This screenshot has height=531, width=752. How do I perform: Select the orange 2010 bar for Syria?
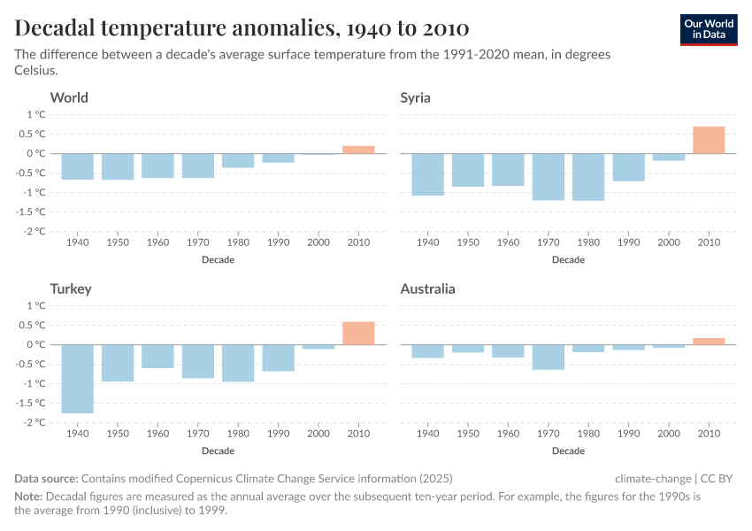709,140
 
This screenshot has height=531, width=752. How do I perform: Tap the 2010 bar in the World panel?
358,150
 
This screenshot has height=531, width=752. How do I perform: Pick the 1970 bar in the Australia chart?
549,357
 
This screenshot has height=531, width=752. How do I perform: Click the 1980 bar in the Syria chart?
588,177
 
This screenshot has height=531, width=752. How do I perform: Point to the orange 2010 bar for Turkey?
358,333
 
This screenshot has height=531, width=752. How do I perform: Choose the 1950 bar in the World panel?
118,166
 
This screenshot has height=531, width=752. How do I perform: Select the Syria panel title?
415,97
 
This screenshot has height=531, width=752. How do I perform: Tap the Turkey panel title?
71,289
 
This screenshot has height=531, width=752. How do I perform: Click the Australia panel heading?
427,289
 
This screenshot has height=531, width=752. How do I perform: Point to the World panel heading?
69,97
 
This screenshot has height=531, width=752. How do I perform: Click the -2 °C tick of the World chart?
35,231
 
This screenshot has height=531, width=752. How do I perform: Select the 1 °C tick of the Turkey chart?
35,305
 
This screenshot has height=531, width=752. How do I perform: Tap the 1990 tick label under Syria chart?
628,242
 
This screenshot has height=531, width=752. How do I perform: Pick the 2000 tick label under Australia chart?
669,433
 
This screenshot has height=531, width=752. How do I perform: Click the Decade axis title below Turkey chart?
218,450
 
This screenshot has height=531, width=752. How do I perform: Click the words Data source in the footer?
47,479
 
